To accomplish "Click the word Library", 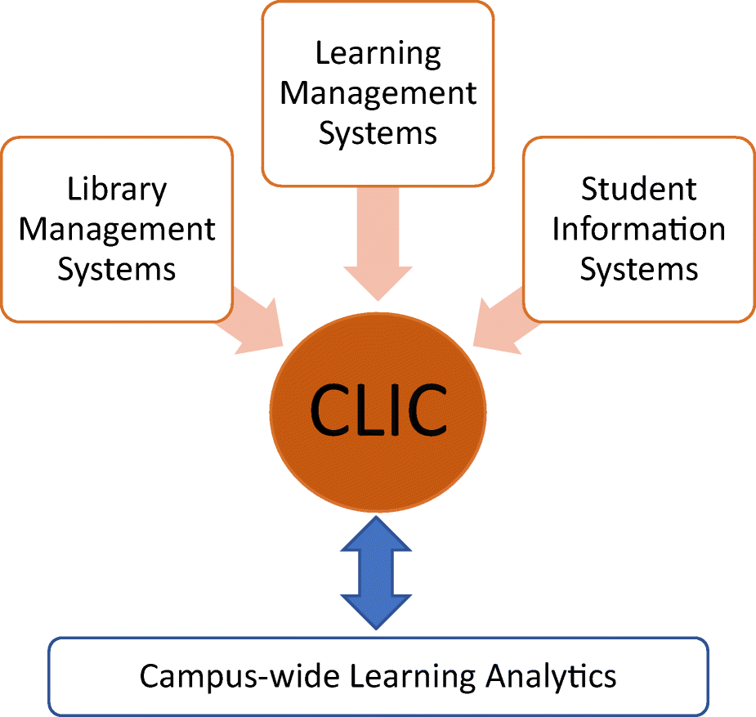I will tap(117, 190).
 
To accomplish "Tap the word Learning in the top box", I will tap(378, 54).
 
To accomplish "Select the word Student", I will tap(638, 190).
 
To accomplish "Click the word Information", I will tap(638, 229).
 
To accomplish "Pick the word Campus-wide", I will tap(219, 676).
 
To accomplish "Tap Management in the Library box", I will tap(117, 229).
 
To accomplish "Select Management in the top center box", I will tap(378, 93).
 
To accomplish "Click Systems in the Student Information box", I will tap(638, 268).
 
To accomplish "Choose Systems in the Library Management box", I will tap(117, 268).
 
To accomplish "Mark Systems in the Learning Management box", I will tap(378, 132).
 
